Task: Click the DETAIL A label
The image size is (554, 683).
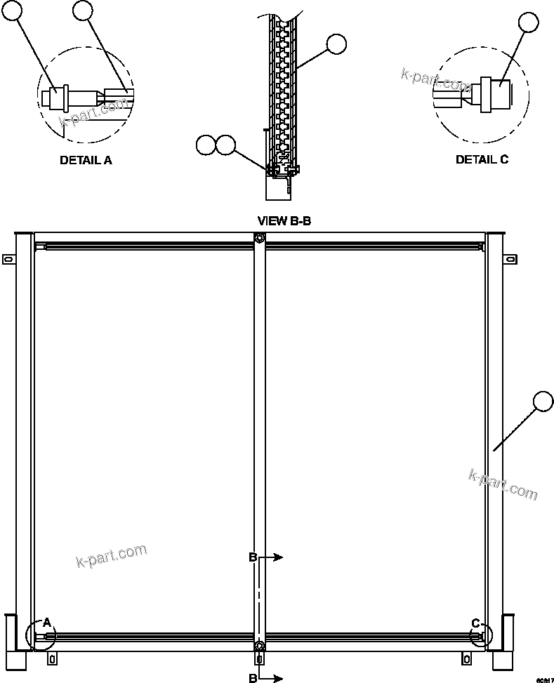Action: tap(86, 160)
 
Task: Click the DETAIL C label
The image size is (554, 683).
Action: tap(482, 159)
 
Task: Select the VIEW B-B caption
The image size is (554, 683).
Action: tap(284, 220)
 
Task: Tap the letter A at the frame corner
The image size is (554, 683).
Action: tap(46, 622)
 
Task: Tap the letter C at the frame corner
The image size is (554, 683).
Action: tap(475, 623)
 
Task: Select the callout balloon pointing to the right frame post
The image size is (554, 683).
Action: tap(543, 402)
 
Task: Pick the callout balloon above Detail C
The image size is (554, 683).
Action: tap(529, 23)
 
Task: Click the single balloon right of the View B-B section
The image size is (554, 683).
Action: tap(336, 44)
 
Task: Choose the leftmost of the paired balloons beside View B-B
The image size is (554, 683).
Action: tap(206, 145)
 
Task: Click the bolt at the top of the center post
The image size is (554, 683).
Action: tap(260, 239)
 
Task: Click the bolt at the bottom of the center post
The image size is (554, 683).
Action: tap(260, 645)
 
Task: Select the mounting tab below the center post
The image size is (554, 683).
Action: tap(260, 658)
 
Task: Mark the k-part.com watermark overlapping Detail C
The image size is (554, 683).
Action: tap(436, 80)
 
